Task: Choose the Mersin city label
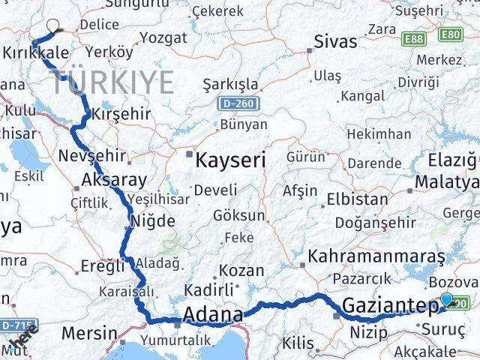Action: click(89, 332)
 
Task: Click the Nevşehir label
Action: click(89, 157)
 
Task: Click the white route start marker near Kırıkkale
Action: click(52, 25)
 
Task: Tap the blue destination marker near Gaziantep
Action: click(447, 300)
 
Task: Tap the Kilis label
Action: click(298, 343)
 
